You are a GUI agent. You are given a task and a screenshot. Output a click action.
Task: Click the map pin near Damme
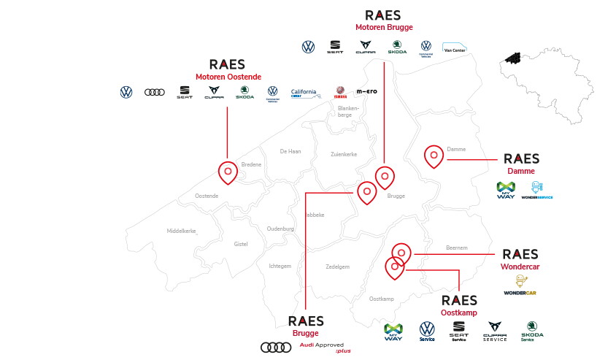(x=434, y=155)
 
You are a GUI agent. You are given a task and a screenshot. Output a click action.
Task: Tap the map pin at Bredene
(x=228, y=172)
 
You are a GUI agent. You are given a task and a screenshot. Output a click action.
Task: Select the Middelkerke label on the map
(x=183, y=230)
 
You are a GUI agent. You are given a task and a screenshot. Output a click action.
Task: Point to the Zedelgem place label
(x=338, y=267)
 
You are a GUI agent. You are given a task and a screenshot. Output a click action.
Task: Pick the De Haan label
(x=290, y=151)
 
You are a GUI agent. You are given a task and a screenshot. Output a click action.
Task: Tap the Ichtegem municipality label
(x=280, y=266)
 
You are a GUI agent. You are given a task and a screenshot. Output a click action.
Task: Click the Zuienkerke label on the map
(x=344, y=154)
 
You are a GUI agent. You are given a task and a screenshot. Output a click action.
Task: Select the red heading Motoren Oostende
(x=228, y=77)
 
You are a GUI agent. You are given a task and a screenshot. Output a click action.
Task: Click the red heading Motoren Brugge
(x=384, y=27)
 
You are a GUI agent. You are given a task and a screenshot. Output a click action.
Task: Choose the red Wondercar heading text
(x=520, y=267)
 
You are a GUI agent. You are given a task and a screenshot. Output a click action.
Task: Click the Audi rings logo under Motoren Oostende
(x=155, y=92)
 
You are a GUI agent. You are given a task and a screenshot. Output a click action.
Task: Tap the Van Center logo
(x=455, y=48)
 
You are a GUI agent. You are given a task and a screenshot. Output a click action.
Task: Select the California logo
(x=304, y=92)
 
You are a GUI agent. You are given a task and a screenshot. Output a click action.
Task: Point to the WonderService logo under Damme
(x=536, y=191)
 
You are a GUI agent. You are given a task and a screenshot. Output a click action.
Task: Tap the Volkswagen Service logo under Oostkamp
(x=427, y=332)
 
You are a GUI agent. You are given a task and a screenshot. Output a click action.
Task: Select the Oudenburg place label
(x=280, y=229)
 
